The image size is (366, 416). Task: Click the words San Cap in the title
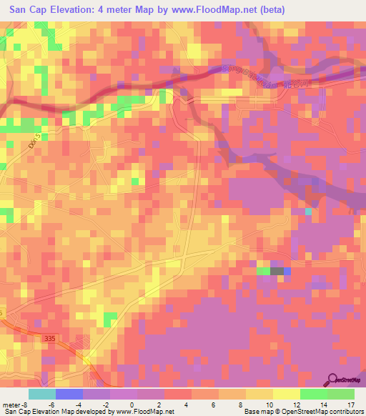coord(29,10)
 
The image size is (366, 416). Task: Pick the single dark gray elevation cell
coord(277,271)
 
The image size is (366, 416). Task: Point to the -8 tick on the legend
coord(26,404)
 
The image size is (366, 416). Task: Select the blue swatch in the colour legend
coord(69,394)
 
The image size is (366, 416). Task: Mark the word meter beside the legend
coord(11,404)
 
